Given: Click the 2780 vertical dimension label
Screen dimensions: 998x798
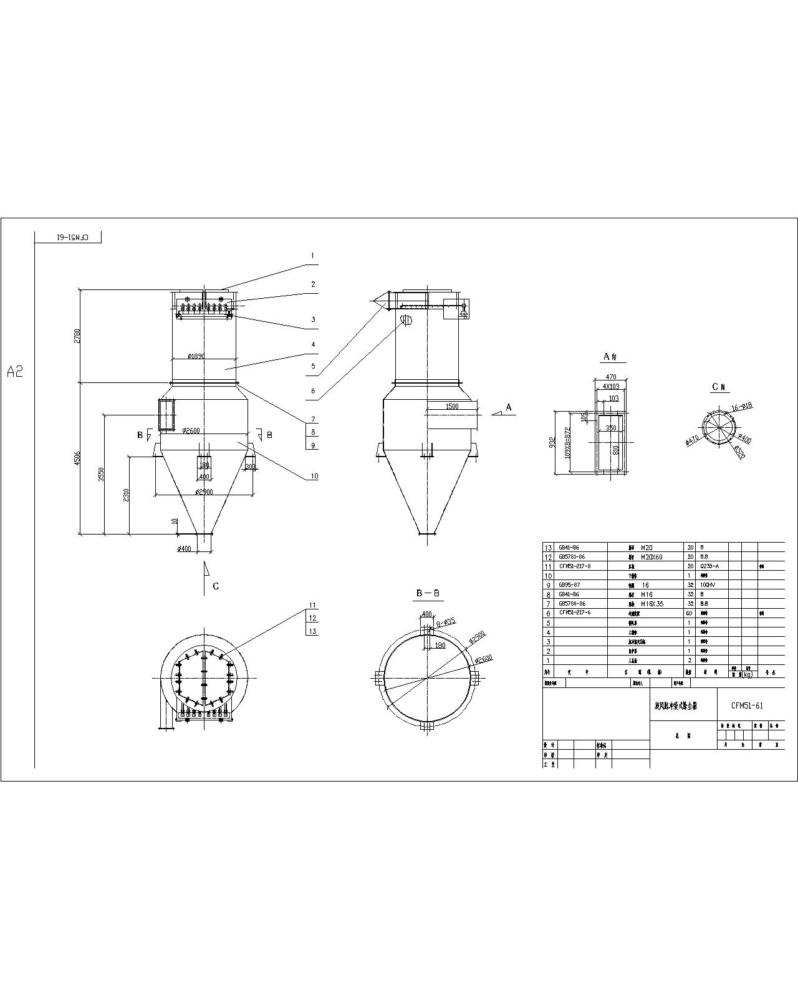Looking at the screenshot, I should (x=77, y=336).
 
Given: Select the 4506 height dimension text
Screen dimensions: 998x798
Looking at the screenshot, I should (x=77, y=458).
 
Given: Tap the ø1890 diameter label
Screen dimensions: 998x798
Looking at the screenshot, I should (x=197, y=356).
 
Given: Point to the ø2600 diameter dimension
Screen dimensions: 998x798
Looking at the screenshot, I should (x=191, y=430).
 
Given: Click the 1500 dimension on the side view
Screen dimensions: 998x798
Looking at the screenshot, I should (x=453, y=406).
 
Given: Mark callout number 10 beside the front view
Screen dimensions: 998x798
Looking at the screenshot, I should (x=314, y=476).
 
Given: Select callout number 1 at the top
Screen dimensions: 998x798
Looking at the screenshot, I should (x=313, y=256).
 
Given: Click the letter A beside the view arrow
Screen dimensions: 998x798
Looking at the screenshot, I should (x=509, y=407).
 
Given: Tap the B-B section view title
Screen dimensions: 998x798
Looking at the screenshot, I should (x=428, y=593).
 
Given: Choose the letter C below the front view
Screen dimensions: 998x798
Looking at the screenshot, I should (x=216, y=586).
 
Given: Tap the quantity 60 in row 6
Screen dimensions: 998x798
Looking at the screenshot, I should (x=689, y=613).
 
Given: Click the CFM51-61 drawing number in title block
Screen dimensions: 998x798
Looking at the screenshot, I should (x=747, y=705).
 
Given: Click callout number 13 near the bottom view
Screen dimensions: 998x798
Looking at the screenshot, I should (x=313, y=631).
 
